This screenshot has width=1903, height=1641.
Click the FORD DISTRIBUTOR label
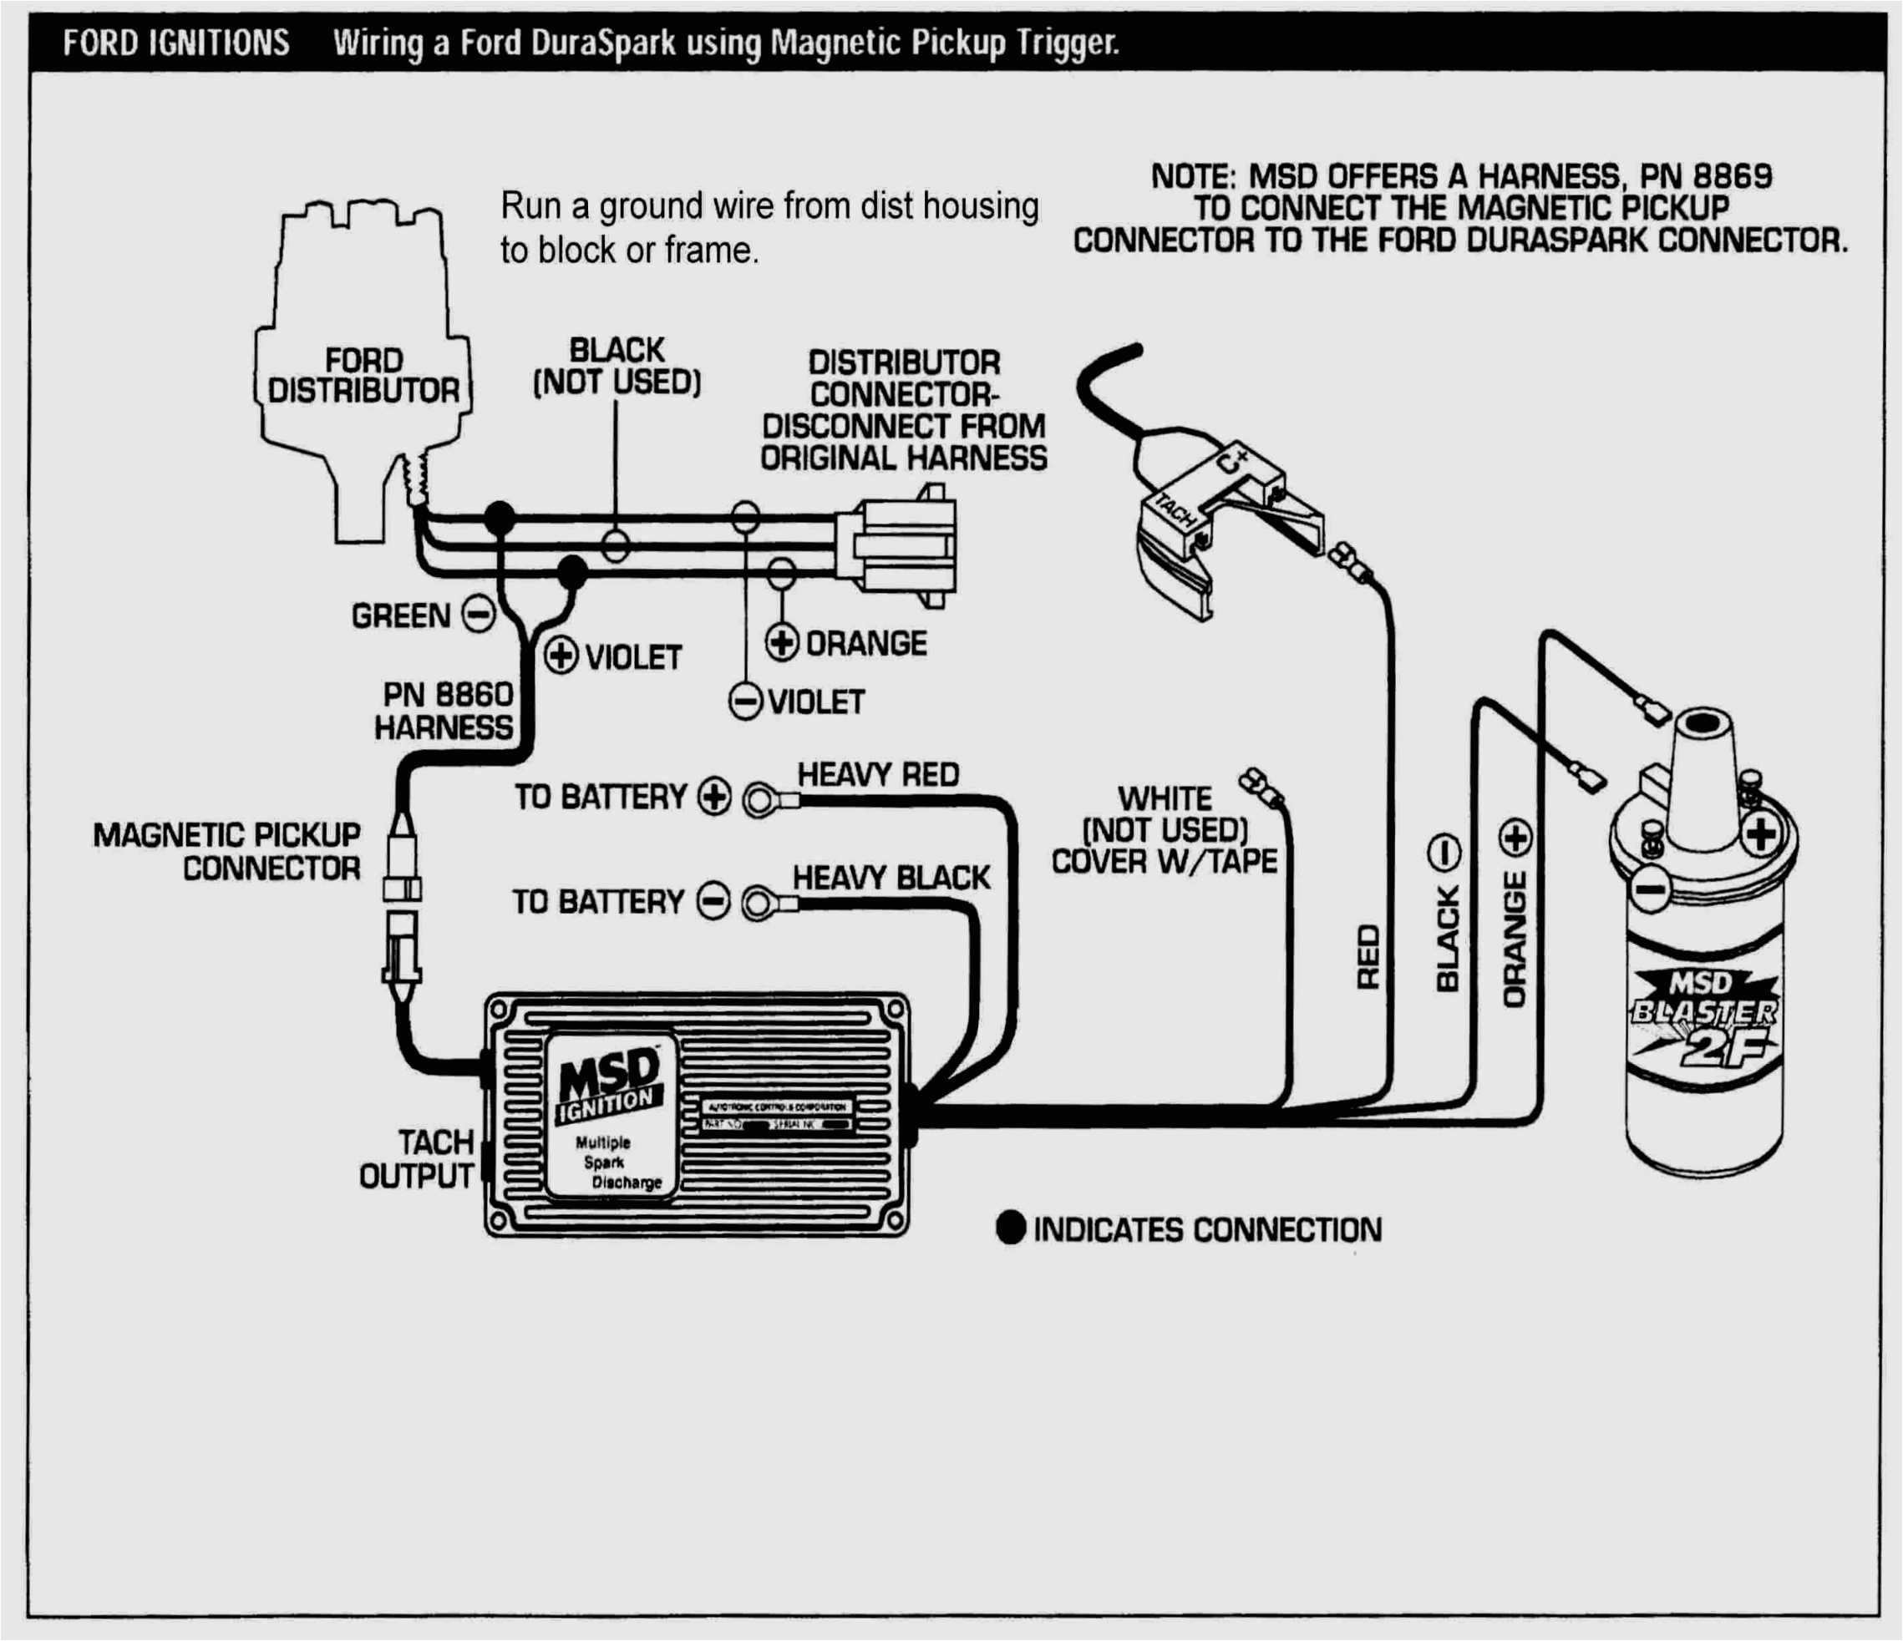[363, 375]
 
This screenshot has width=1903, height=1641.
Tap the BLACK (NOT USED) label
[617, 366]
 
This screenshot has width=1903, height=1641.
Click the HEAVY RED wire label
[877, 774]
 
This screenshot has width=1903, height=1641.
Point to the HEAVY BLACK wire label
[891, 878]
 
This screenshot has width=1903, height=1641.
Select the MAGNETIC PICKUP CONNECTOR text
[227, 850]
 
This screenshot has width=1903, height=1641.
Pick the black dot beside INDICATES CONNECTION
[1010, 1228]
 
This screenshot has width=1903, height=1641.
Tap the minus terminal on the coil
[1651, 888]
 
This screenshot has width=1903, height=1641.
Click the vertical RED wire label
[1368, 957]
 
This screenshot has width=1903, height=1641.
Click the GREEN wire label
[400, 615]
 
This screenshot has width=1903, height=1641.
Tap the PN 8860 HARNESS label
[444, 710]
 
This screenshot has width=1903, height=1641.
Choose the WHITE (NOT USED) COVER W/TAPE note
[1165, 829]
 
